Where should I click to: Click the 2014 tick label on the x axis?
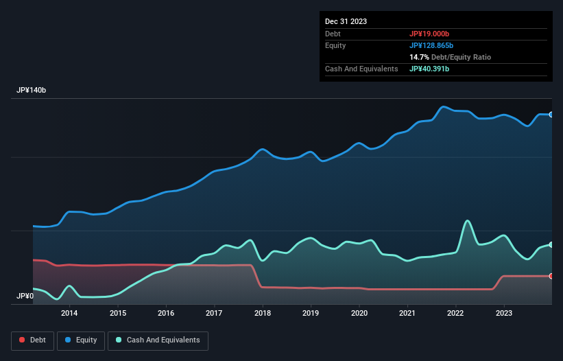(x=69, y=314)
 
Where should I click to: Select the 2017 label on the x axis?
(x=214, y=314)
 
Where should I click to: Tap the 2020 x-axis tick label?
(x=359, y=314)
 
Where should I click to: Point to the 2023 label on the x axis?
(x=504, y=314)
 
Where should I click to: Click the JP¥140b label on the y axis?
(x=32, y=91)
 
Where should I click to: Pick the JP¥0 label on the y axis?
(x=25, y=296)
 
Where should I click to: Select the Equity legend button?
(x=81, y=340)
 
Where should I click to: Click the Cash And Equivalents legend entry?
(x=158, y=340)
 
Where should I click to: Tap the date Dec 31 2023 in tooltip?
(x=346, y=21)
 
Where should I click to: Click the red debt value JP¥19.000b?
(x=429, y=34)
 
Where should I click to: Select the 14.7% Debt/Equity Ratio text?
(x=450, y=57)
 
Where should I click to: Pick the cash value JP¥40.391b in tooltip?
(x=429, y=69)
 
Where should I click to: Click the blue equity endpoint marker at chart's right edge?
(x=551, y=115)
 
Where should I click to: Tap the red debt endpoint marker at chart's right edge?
(x=551, y=276)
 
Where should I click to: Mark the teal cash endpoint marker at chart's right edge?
(x=551, y=244)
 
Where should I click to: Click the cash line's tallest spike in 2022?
(x=468, y=220)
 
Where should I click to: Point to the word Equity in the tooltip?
(x=335, y=45)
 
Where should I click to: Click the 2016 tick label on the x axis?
(x=165, y=314)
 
